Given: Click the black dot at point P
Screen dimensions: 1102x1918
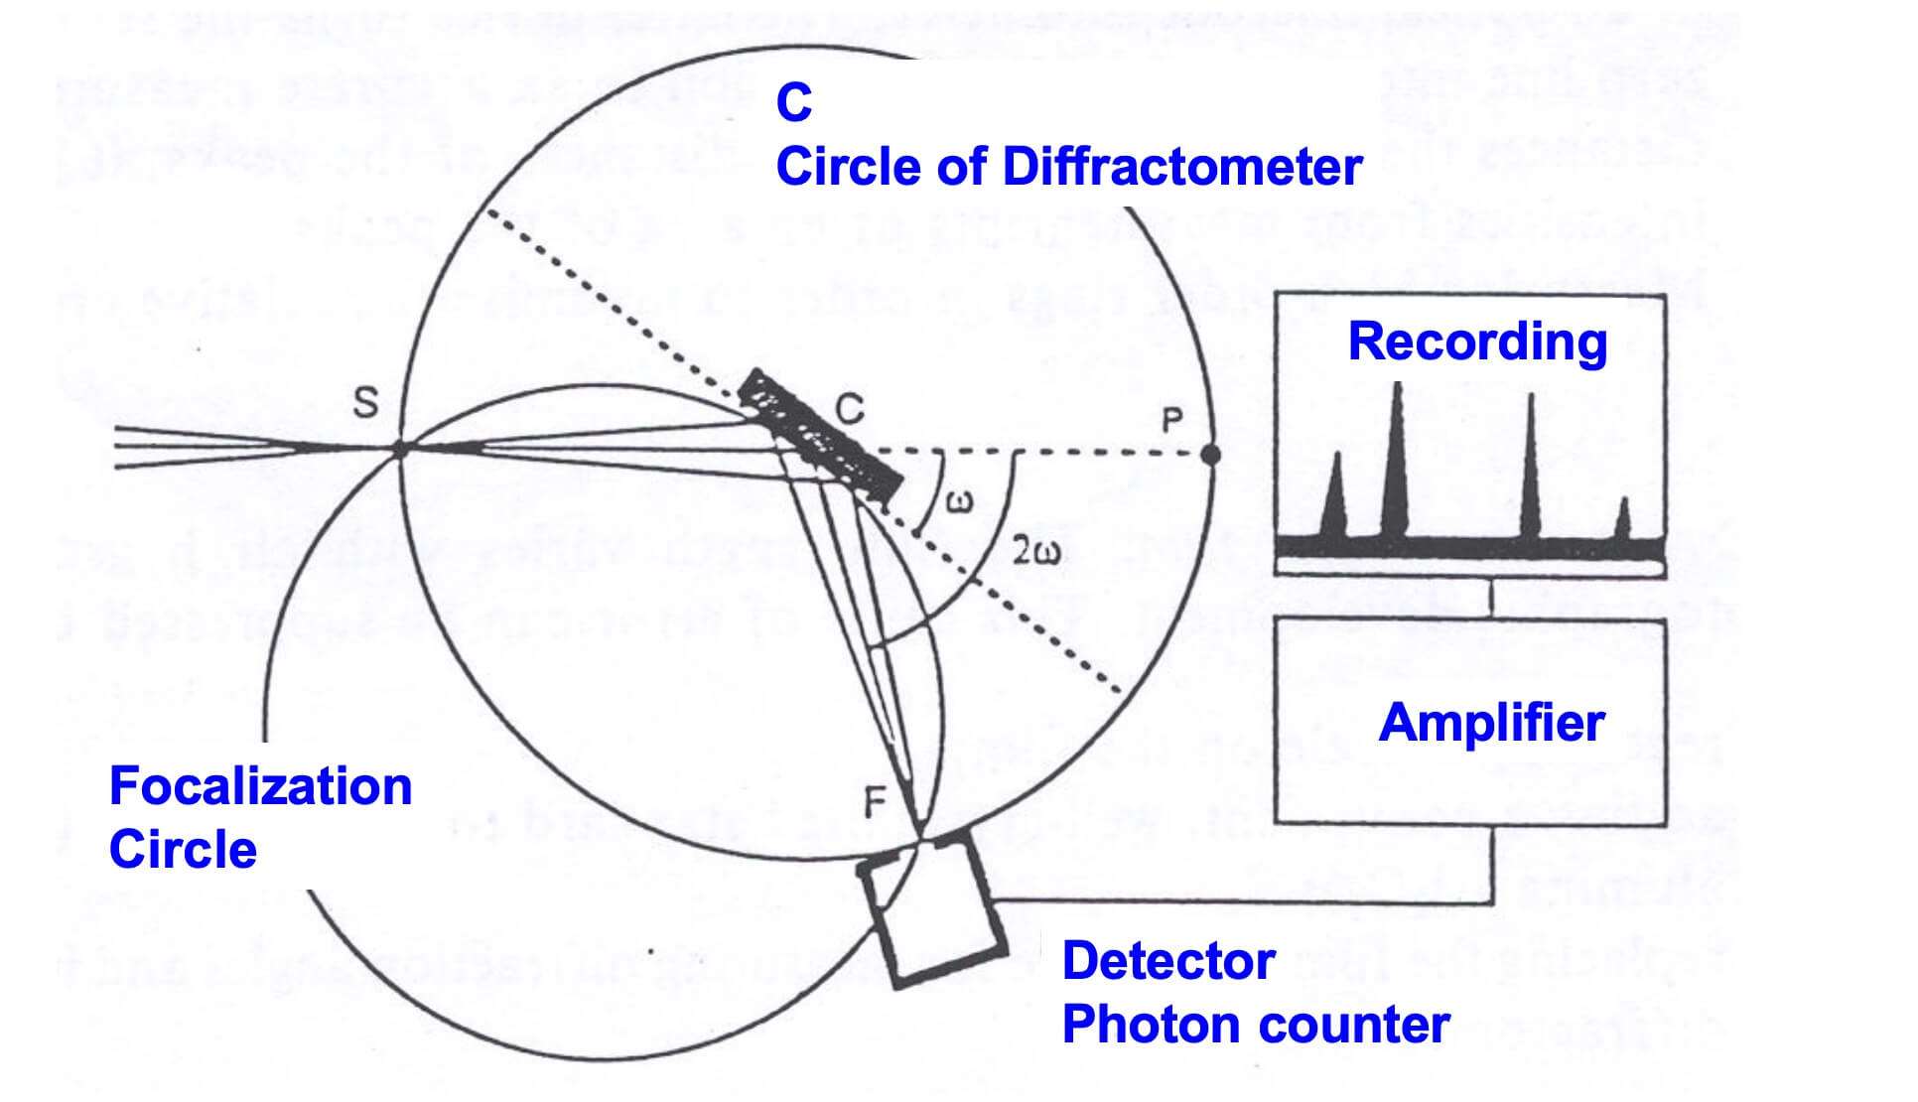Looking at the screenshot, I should pos(1210,455).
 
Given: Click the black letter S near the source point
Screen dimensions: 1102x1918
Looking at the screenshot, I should pos(366,403).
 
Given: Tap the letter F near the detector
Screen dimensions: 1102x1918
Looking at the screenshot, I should pos(875,801).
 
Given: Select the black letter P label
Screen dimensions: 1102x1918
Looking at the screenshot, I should pos(1172,420).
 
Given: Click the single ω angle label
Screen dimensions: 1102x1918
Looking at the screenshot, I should pos(959,502).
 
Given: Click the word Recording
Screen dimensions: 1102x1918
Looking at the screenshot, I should pos(1477,343).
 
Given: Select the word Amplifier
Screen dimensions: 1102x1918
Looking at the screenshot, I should pos(1491,723).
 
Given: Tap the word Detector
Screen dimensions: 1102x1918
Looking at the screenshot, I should pos(1168,961).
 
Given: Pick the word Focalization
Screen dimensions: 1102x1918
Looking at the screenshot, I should pos(260,786).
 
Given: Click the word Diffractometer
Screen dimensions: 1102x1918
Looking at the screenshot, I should pos(1182,167).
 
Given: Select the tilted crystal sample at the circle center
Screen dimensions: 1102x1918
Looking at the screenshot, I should pos(820,435).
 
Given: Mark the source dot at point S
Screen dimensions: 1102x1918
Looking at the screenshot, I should pos(400,450).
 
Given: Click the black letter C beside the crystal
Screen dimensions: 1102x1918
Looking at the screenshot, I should pos(850,409).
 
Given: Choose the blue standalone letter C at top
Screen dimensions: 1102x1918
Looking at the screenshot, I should pos(794,102).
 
